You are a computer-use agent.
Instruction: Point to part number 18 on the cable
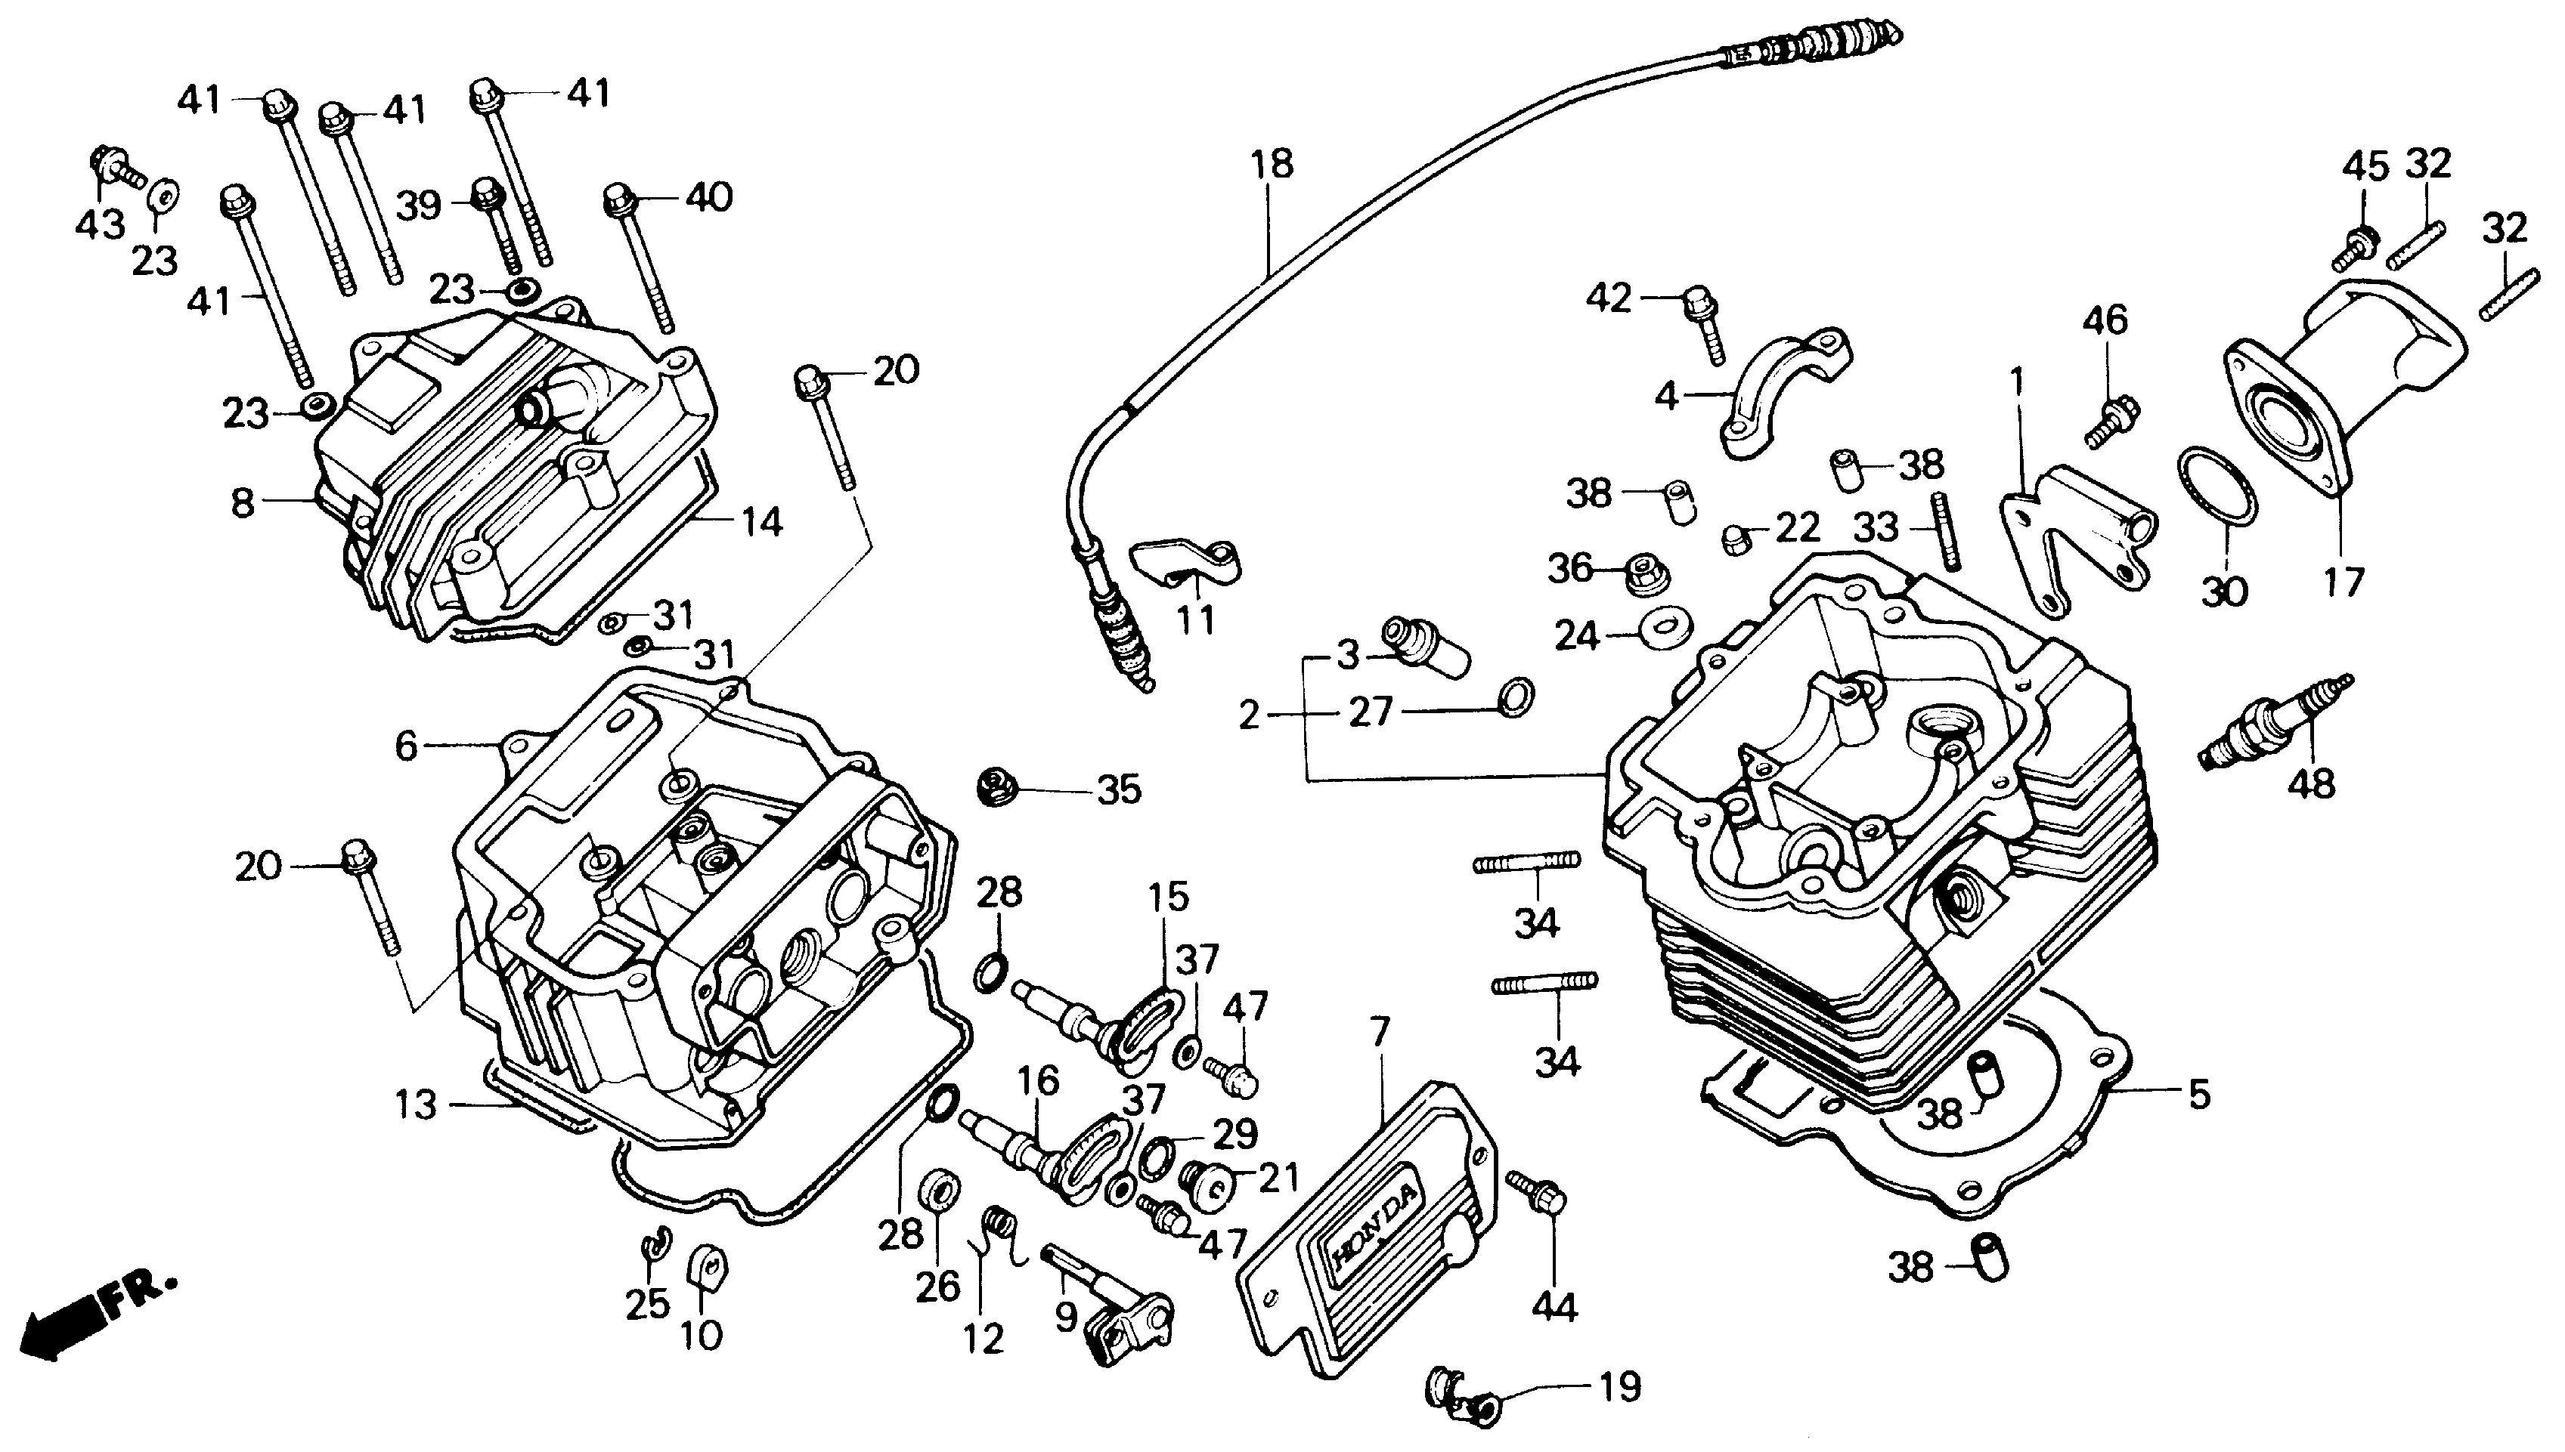click(x=1272, y=165)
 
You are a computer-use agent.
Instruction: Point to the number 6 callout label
click(x=406, y=745)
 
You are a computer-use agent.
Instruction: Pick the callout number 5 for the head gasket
click(x=2200, y=1094)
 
